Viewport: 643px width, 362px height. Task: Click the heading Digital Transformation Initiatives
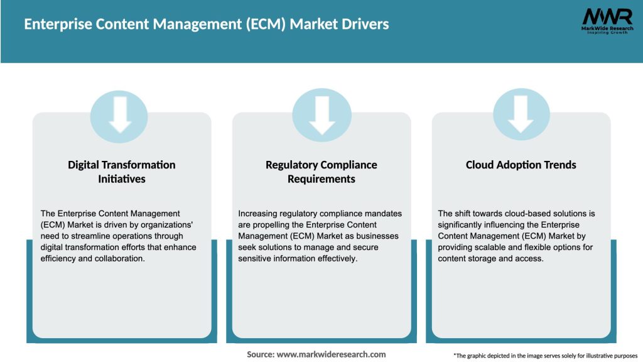coord(121,172)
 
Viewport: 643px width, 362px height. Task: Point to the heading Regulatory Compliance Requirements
coord(321,172)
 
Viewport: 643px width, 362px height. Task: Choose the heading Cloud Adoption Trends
coord(521,165)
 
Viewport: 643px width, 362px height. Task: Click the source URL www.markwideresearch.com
coord(331,354)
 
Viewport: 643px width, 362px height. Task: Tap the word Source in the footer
coord(260,354)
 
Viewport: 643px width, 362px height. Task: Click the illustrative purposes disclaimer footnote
coord(545,356)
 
